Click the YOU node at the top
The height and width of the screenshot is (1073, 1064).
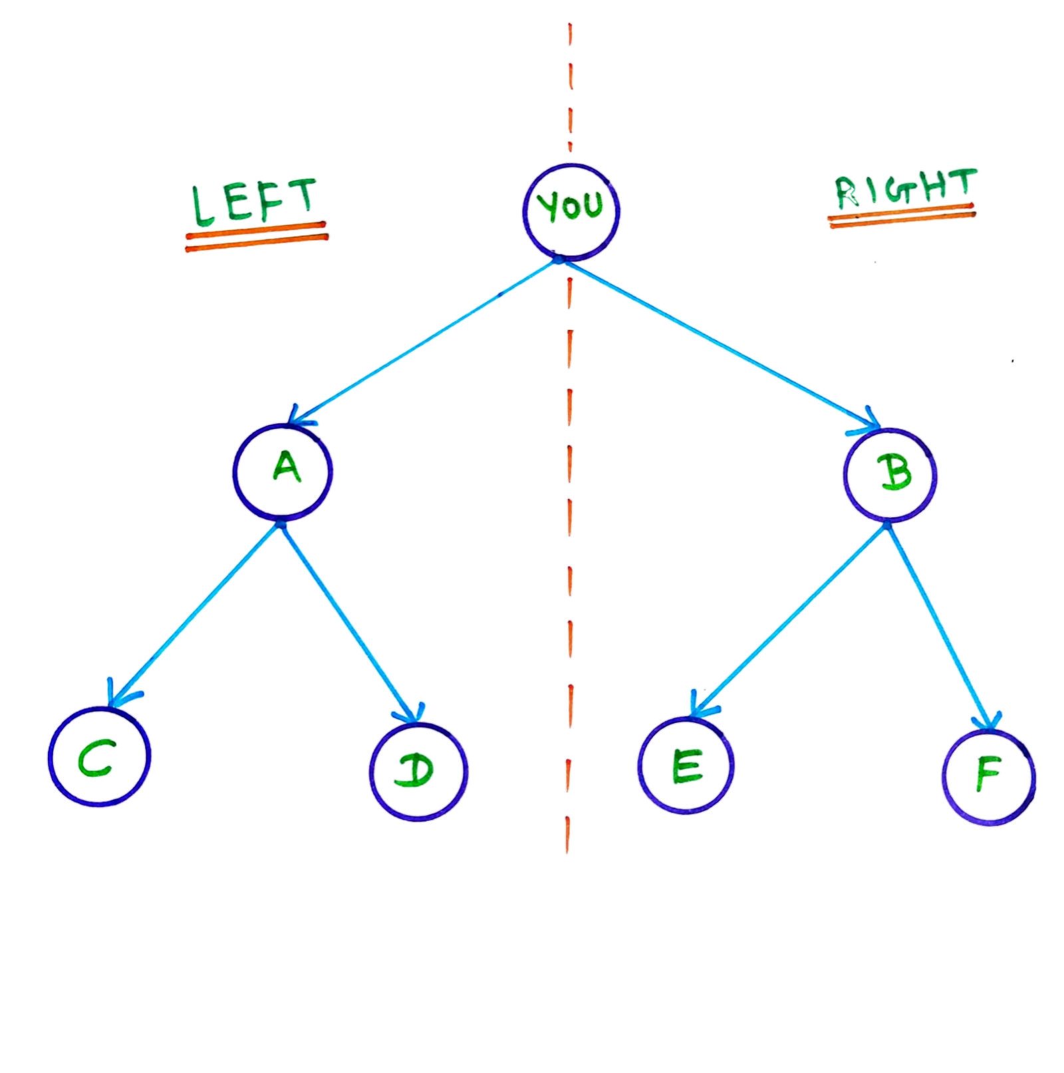coord(571,209)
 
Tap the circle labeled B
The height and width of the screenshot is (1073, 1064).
coord(890,476)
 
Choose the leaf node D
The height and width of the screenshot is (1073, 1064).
coord(418,772)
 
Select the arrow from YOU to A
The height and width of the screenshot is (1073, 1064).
coord(426,343)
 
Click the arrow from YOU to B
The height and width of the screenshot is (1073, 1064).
coord(725,346)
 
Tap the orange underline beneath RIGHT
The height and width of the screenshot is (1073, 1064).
coord(902,216)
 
